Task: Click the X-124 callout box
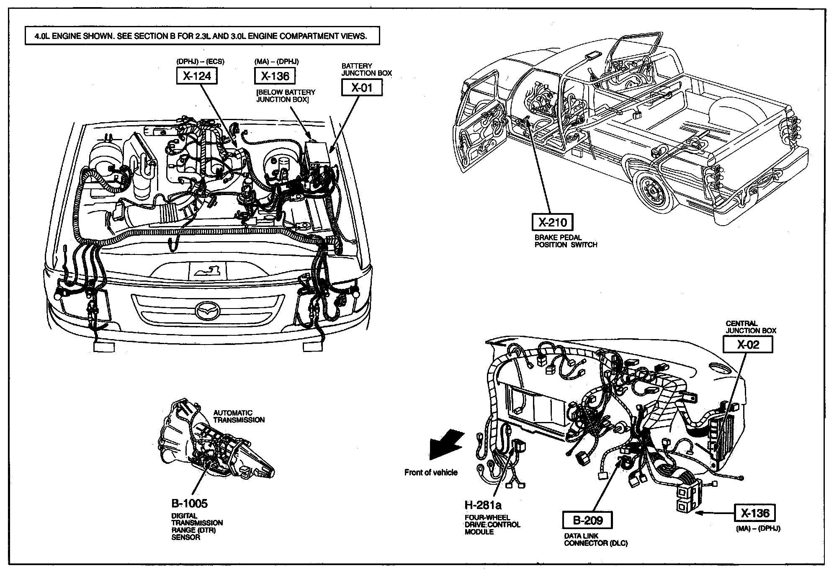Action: point(196,76)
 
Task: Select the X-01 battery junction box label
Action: point(362,88)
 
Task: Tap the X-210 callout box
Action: point(552,222)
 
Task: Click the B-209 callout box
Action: point(588,520)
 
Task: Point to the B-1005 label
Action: point(189,503)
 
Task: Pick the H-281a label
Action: point(483,504)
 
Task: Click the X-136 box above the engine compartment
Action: point(275,76)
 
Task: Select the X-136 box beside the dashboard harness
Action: point(755,513)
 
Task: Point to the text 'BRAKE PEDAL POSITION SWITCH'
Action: point(566,241)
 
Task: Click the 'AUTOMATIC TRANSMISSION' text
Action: point(239,416)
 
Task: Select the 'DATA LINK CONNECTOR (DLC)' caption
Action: point(595,540)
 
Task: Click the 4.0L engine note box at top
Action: point(202,36)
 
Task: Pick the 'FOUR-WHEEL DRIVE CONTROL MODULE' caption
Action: point(492,525)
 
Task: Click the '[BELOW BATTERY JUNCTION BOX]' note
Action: point(286,96)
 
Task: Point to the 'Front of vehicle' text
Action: point(431,473)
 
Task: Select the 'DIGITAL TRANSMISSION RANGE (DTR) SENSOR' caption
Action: point(197,527)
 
